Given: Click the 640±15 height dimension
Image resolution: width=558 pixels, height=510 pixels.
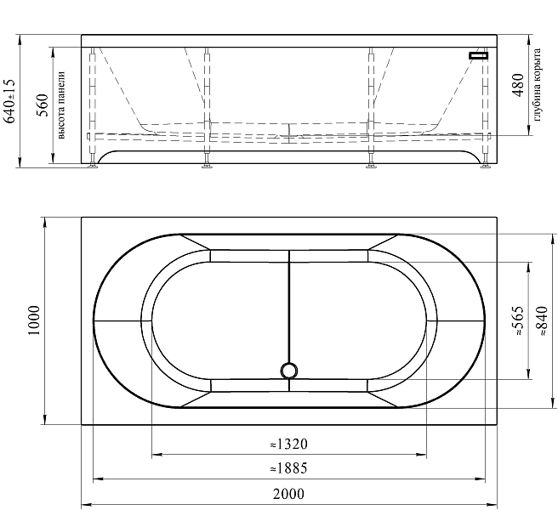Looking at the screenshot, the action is click(x=9, y=101).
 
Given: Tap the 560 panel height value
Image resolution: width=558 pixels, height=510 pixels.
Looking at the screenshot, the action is click(x=43, y=105).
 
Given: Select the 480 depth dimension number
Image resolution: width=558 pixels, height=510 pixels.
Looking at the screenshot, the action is click(x=518, y=85).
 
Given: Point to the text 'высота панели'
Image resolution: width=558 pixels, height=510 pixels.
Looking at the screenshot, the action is click(x=61, y=105).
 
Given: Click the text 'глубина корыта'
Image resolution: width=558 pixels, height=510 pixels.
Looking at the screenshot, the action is click(x=537, y=85).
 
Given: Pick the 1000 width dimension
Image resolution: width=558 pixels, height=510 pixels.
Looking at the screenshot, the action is click(x=34, y=320).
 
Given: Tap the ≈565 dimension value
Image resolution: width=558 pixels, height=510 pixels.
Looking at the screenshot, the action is click(x=518, y=320).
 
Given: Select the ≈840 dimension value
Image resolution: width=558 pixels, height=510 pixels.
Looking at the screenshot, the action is click(x=542, y=320).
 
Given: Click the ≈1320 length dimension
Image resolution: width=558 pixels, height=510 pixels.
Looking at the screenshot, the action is click(x=288, y=445).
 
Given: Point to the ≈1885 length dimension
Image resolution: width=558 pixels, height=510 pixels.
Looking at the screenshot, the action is click(x=288, y=468).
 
